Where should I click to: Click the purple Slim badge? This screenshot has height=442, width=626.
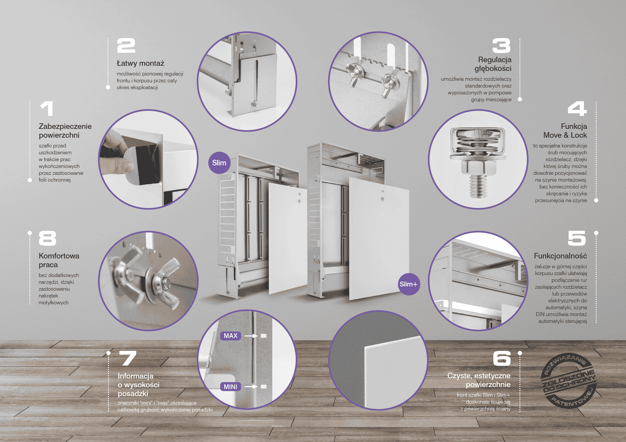[219, 163]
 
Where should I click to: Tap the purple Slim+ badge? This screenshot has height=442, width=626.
[409, 284]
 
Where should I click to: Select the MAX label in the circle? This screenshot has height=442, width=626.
[231, 336]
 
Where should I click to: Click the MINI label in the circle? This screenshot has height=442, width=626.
[231, 387]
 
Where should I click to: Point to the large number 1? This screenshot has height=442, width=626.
[47, 108]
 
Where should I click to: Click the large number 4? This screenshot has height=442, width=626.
[577, 108]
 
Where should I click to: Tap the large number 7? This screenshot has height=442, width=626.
[127, 358]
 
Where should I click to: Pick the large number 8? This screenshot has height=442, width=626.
[48, 238]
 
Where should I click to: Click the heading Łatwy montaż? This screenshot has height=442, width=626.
[141, 63]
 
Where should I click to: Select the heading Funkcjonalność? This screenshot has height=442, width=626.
[560, 256]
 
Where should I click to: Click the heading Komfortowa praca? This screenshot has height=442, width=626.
[59, 260]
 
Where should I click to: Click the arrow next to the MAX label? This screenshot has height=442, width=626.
[251, 336]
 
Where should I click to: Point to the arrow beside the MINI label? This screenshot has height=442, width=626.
[251, 387]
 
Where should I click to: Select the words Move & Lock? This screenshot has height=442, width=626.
[565, 135]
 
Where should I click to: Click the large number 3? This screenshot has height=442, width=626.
[501, 46]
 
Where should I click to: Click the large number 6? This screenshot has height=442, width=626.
[502, 358]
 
